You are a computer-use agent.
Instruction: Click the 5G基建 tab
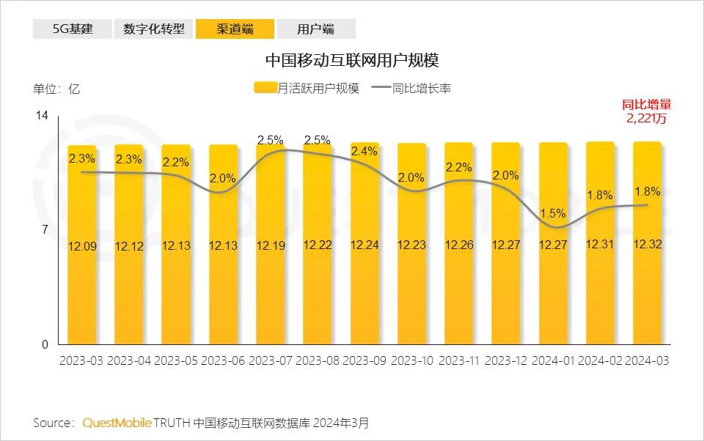pos(72,29)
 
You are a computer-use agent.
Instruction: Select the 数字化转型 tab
pos(153,29)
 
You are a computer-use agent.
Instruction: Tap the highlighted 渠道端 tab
pos(235,29)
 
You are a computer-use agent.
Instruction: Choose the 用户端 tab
pos(316,29)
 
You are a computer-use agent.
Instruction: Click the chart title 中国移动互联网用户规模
pos(352,59)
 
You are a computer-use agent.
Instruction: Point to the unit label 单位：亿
pos(56,89)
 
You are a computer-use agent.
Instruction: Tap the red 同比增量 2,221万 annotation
pos(646,111)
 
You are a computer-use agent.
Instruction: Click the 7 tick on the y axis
pos(44,230)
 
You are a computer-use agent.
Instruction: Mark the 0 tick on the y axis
pos(44,344)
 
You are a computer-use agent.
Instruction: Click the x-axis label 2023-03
pos(81,361)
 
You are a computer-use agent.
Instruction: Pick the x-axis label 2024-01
pos(553,361)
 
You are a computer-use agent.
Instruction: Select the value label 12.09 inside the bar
pos(81,246)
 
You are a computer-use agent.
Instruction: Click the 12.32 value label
pos(647,244)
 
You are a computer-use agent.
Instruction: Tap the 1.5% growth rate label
pos(553,213)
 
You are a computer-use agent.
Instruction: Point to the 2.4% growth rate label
pos(364,152)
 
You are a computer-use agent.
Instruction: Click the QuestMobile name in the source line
pos(117,423)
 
